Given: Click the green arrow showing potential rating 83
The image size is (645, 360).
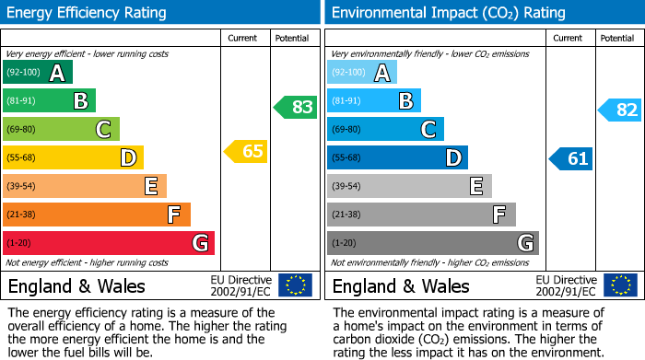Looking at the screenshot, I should coord(296,107).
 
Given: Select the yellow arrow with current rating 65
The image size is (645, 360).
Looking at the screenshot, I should coord(247,151).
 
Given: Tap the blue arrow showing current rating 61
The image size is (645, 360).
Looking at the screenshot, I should coord(571,158).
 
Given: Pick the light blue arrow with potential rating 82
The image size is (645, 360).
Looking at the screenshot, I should coord(620,110).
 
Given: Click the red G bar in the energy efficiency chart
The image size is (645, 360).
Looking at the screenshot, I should coord(109,243).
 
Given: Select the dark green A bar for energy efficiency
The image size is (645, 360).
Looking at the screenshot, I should coord(38,73).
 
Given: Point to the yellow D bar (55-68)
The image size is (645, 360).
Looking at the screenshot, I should coord(73,158).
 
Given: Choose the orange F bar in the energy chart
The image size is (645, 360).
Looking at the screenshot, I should coord(97,215).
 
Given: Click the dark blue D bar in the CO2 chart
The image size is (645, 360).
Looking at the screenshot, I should coord(397,158).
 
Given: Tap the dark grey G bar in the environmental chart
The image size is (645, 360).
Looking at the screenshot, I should coord(432,243).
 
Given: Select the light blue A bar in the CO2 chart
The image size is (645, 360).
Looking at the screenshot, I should coord(362,73).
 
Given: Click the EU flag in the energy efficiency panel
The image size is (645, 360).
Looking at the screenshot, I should coord(295,285).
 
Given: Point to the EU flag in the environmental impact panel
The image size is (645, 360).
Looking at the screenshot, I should coord(620,285).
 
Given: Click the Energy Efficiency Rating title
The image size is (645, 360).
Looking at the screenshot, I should coord(88,13).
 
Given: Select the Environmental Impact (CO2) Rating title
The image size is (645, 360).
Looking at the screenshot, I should coord(448,13).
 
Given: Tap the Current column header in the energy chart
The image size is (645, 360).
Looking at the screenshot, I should coord(244,38).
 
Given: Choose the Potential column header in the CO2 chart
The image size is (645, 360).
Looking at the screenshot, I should coord(617,38).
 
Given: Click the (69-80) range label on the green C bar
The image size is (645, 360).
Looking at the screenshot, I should coord(24,130).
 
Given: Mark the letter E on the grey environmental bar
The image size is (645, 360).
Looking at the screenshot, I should coord(475,187).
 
